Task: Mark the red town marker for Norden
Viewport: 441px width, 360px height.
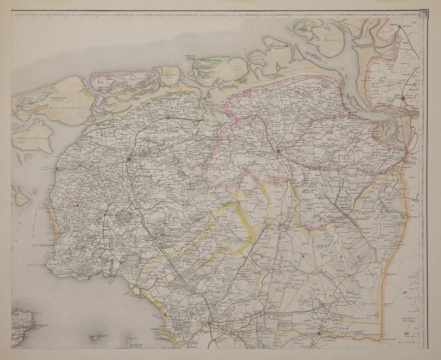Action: point(399,27)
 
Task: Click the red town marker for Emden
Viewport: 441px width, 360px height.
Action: point(403,99)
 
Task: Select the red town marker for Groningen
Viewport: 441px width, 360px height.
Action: point(279,152)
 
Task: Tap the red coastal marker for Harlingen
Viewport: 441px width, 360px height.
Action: point(57,167)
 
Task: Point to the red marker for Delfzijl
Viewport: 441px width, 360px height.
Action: point(349,113)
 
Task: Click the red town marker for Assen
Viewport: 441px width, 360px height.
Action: point(280,225)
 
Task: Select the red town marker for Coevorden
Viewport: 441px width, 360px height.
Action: point(319,334)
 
